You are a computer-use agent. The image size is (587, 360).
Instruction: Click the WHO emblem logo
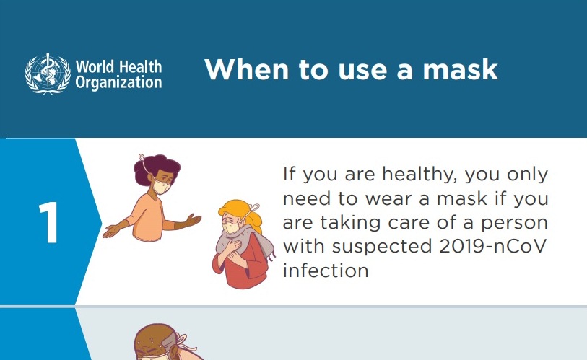pyautogui.click(x=48, y=74)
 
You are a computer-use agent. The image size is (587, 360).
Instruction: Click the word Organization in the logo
pyautogui.click(x=118, y=83)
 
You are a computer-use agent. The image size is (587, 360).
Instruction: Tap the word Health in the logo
pyautogui.click(x=140, y=66)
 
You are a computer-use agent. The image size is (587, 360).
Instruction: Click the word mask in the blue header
pyautogui.click(x=460, y=69)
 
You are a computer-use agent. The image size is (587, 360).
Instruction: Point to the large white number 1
pyautogui.click(x=48, y=222)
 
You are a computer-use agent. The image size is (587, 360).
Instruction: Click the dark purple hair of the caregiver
pyautogui.click(x=155, y=168)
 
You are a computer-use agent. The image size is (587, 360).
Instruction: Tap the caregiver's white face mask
pyautogui.click(x=161, y=186)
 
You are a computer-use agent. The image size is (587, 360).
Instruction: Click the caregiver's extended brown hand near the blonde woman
pyautogui.click(x=193, y=220)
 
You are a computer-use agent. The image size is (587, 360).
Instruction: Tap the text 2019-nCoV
pyautogui.click(x=492, y=246)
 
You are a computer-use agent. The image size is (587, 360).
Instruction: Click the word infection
pyautogui.click(x=326, y=271)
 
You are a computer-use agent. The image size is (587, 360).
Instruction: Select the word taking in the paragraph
pyautogui.click(x=351, y=224)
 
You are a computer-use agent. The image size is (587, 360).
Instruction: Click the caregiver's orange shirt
pyautogui.click(x=149, y=218)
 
